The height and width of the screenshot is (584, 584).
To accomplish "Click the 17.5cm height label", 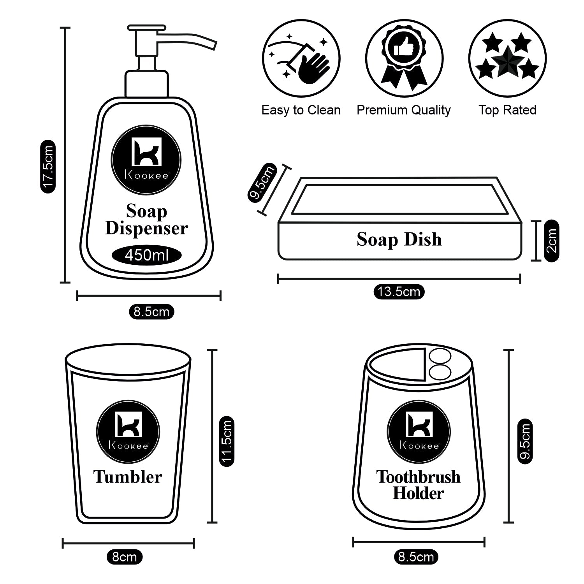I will pos(48,167).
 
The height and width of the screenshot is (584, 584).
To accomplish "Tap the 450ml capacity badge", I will pos(146,255).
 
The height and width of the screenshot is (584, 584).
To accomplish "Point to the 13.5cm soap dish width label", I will pos(399,292).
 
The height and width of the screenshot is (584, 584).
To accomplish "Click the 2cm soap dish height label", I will pos(551,241).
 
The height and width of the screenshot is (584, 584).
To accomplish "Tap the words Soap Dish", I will pos(399,239).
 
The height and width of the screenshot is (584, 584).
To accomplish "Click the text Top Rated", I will pos(507,110).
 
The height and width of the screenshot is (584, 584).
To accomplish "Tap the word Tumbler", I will pos(128,477).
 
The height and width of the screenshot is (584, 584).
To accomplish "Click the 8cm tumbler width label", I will pos(125,557).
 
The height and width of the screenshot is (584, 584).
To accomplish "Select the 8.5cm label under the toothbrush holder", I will pos(416,557).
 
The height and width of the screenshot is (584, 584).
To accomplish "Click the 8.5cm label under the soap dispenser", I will pos(151,311).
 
